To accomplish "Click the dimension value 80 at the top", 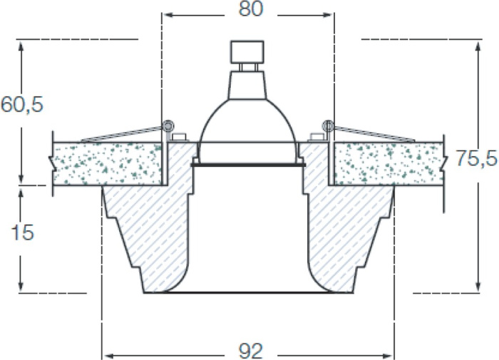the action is point(251,9).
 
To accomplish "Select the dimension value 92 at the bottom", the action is point(251,351).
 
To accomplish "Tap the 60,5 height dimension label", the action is point(22,104).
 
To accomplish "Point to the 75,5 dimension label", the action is point(476,158).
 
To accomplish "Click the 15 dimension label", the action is point(22,232).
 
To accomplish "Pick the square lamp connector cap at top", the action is point(247,52).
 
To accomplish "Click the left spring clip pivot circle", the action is point(168,125).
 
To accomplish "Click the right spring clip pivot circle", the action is point(328,125).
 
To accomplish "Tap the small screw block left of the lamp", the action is point(179,137).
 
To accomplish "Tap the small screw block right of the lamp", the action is point(316,137).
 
